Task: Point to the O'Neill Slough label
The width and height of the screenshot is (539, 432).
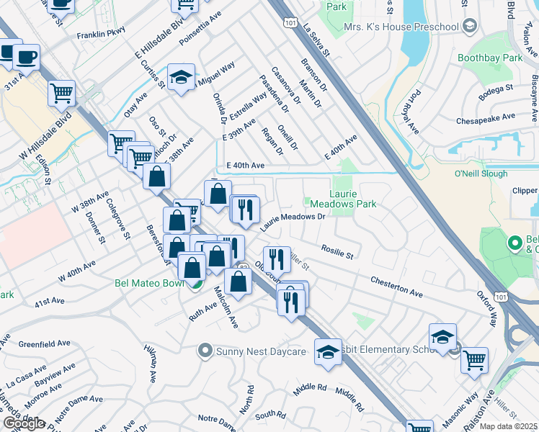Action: click(x=481, y=174)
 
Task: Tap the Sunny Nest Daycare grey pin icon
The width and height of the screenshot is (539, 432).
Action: click(x=205, y=351)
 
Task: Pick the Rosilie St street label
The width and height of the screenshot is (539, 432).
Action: click(x=337, y=251)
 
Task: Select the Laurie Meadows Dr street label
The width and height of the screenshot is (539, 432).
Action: click(x=293, y=220)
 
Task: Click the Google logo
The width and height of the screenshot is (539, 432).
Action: click(x=24, y=423)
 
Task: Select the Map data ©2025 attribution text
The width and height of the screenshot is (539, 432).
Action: click(x=508, y=426)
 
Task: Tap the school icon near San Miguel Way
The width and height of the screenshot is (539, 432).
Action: click(x=182, y=76)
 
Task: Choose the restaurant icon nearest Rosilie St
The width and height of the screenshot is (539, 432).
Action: click(x=277, y=258)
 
